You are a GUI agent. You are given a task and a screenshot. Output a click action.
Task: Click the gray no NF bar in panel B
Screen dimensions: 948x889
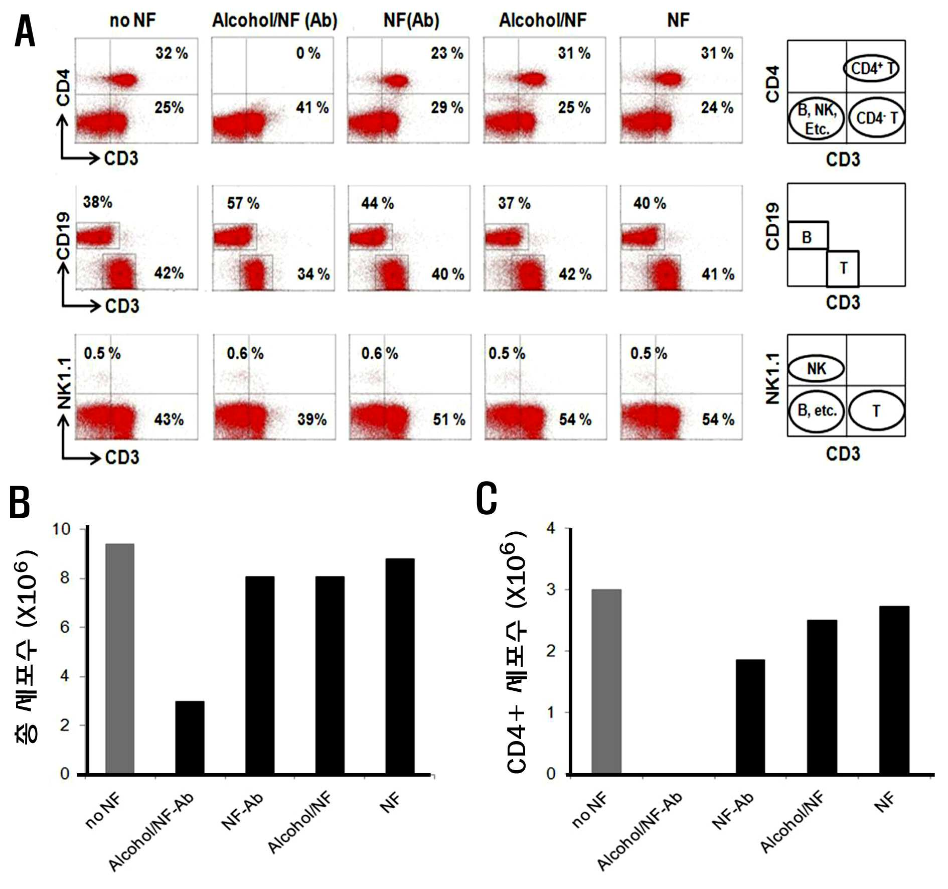[x=119, y=659]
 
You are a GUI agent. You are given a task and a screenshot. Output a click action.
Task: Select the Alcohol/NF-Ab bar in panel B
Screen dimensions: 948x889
[x=190, y=737]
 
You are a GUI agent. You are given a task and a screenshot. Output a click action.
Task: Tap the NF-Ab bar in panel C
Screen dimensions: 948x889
[x=750, y=717]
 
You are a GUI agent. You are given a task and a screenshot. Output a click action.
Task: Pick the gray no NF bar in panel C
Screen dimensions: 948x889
[x=606, y=682]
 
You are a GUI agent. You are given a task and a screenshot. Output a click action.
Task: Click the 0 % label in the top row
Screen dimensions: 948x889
[x=308, y=53]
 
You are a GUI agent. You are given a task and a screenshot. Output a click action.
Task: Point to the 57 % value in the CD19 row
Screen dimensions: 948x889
[x=243, y=203]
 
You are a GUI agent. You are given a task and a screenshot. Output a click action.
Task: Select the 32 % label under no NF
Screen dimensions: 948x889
[x=172, y=53]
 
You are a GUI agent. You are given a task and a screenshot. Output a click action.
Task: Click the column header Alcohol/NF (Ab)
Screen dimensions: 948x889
[x=275, y=21]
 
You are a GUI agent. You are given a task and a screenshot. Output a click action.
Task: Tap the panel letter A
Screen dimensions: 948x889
[x=25, y=31]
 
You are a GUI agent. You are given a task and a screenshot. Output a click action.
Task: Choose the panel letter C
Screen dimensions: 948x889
[x=487, y=498]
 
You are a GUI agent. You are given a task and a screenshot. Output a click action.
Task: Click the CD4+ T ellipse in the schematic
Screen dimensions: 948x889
[x=871, y=69]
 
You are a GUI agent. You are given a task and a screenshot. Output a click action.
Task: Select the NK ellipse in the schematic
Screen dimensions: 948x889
[x=817, y=369]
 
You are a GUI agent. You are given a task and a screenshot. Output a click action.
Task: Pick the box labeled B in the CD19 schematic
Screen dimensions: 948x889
[x=808, y=235]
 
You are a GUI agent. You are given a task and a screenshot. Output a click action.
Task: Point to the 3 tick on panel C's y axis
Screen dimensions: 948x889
[x=551, y=589]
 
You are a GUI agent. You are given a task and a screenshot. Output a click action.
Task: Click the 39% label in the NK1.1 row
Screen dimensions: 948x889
[x=312, y=419]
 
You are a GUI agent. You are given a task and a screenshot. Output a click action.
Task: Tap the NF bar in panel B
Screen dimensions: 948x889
[x=400, y=666]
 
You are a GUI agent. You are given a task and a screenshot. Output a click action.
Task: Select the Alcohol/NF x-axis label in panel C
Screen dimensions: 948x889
[x=792, y=822]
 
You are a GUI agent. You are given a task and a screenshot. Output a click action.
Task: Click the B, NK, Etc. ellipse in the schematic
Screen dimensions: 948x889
[x=817, y=119]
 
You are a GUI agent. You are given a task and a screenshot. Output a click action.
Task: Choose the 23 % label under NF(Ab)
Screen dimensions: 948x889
[x=447, y=53]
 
